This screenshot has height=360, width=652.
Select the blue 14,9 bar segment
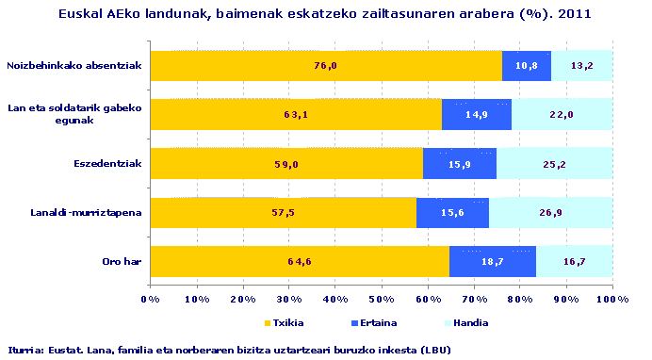click(x=476, y=114)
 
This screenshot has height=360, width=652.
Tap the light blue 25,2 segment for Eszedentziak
click(x=554, y=163)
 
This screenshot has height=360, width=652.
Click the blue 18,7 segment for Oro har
click(x=492, y=261)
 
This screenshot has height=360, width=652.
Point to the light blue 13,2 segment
click(x=581, y=65)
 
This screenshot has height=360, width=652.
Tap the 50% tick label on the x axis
click(x=382, y=299)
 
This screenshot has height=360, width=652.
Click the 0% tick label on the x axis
click(x=150, y=299)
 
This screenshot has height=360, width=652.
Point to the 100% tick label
click(x=612, y=299)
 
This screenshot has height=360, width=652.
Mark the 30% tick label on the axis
click(x=289, y=299)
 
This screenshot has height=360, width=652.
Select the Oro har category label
click(x=122, y=261)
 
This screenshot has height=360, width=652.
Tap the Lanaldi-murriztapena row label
click(x=87, y=212)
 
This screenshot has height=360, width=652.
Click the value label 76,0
click(x=325, y=65)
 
